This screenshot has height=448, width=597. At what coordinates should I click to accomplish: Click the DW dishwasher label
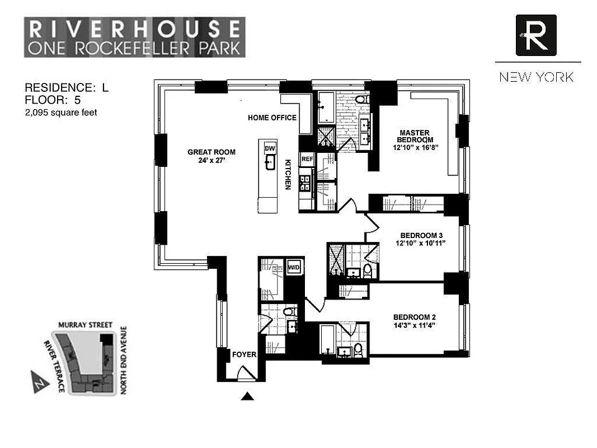tap(270, 147)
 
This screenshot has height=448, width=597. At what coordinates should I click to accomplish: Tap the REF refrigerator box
tap(307, 159)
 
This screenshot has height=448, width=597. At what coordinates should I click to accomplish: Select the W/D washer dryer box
tap(294, 268)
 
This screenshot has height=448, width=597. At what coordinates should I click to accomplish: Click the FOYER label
tap(244, 354)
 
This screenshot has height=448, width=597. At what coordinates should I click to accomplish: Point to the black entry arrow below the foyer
tap(248, 396)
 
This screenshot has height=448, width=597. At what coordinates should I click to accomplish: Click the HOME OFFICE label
tap(272, 118)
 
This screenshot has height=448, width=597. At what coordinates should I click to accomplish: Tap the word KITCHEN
tap(288, 174)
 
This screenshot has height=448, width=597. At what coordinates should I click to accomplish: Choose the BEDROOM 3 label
tap(421, 235)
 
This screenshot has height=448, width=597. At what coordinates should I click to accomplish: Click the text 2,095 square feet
tap(61, 113)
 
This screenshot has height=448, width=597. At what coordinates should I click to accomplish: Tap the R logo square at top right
tap(536, 35)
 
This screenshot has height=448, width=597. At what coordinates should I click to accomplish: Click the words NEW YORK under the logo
tap(537, 77)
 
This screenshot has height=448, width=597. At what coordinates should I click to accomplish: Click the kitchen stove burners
tap(305, 183)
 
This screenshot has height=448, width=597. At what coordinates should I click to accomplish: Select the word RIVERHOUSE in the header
tap(134, 28)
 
